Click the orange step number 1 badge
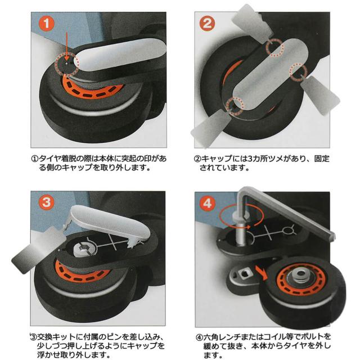pos(47,23)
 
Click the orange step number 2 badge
pos(208,23)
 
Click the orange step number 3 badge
pos(47,202)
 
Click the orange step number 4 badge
pos(208,203)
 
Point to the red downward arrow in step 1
pos(66,47)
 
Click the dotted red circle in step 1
pos(67,64)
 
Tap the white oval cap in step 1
pos(120,55)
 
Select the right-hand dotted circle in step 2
pos(298,73)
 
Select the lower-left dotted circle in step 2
pos(235,106)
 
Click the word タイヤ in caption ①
pos(49,159)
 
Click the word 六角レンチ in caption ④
pos(224,337)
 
